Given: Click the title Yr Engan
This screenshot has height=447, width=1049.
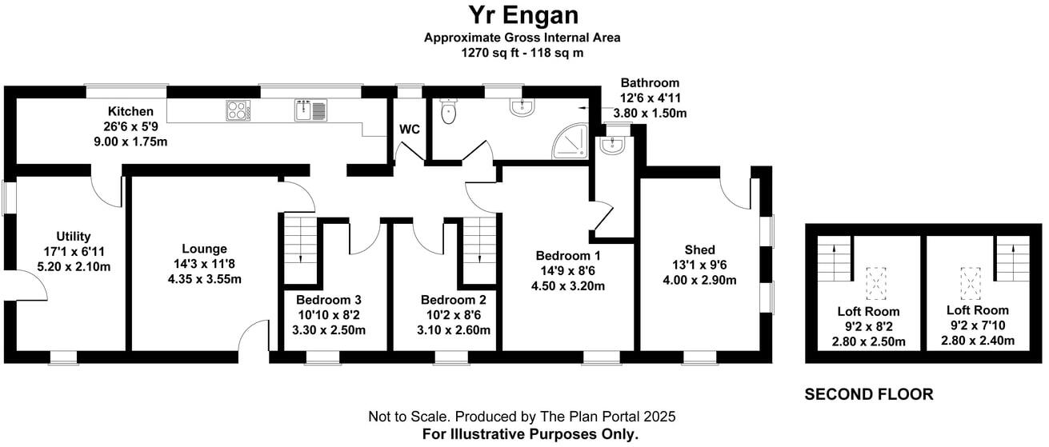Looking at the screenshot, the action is (x=523, y=15).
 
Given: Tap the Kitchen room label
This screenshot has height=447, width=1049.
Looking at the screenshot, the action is (x=130, y=111).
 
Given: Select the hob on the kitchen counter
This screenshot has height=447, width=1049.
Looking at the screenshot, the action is (x=238, y=110).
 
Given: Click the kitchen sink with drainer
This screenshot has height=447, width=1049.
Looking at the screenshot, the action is (x=310, y=110).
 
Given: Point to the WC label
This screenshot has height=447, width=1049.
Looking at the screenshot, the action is (x=410, y=130).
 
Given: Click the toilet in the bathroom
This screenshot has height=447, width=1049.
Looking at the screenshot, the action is (x=448, y=111).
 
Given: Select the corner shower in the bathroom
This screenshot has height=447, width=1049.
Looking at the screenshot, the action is (x=570, y=141).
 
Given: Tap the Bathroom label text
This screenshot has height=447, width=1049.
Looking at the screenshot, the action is (x=650, y=83).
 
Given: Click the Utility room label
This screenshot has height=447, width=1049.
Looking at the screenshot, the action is (x=74, y=237).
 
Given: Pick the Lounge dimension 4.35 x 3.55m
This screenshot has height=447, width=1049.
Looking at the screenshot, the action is (x=205, y=279).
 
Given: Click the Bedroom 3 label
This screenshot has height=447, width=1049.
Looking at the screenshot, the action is (x=329, y=300).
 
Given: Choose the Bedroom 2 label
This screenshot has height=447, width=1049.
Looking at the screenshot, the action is (x=454, y=300).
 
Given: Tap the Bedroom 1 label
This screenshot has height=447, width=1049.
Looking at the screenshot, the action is (x=568, y=256).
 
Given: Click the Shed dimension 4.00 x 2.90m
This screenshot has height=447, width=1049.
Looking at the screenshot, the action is (x=699, y=281).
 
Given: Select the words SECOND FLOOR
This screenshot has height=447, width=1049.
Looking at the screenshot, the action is (x=869, y=394).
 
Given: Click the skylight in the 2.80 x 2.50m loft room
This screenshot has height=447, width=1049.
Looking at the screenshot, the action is (x=875, y=283).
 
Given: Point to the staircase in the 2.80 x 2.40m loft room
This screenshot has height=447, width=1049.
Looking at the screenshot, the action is (x=1012, y=258).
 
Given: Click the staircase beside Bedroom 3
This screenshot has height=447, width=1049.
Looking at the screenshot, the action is (x=301, y=249).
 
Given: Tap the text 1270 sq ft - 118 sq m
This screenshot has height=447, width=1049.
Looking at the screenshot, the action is (x=522, y=53).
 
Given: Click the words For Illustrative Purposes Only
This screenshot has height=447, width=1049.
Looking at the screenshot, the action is (x=531, y=434).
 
